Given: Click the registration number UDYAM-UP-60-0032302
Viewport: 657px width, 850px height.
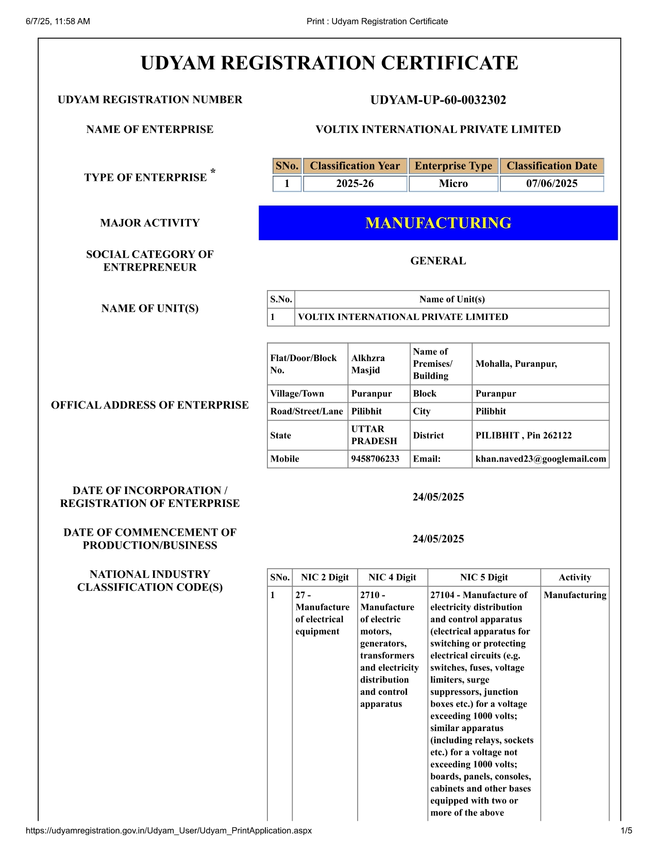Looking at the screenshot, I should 438,100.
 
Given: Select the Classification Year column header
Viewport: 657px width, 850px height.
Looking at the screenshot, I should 355,166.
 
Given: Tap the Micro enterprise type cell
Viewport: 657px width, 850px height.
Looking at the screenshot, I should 453,183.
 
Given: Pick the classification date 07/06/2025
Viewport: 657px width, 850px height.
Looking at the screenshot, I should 552,183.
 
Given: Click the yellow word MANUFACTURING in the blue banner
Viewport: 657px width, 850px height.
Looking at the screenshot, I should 438,223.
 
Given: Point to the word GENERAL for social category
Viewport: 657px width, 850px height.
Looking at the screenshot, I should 438,261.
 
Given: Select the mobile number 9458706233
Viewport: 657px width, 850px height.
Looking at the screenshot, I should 375,459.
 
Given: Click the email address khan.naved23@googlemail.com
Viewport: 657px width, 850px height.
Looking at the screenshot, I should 541,459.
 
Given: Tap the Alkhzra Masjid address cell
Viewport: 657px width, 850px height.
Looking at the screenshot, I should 368,364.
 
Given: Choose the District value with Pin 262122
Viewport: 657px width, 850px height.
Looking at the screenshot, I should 524,435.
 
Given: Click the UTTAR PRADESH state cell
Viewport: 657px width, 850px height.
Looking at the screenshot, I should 374,435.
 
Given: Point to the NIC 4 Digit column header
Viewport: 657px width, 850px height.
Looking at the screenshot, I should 392,577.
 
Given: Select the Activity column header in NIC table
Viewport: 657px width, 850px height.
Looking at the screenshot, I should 575,577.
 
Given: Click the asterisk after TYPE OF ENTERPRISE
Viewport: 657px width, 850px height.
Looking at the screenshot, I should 213,172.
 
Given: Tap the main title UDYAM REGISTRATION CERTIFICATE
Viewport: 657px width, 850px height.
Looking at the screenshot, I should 329,63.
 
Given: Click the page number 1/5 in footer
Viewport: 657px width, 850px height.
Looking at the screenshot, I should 626,830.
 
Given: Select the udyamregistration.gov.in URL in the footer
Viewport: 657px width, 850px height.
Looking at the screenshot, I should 169,830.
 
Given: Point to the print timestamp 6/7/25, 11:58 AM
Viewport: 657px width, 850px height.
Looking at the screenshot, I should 58,21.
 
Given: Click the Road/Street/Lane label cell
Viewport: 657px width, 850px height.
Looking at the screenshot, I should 307,412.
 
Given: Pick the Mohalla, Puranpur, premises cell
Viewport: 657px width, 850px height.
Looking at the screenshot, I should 516,364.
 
